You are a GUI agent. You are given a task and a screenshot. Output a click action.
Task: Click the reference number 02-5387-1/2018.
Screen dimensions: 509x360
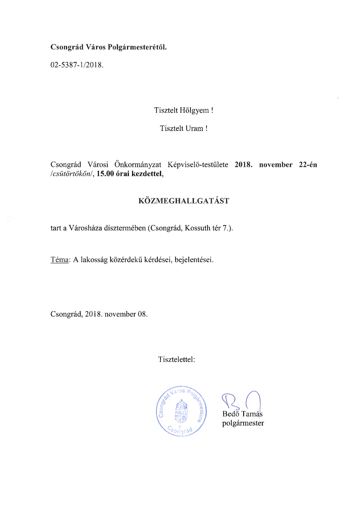(77, 65)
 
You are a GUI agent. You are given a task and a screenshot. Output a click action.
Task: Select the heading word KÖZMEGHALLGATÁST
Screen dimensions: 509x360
(184, 201)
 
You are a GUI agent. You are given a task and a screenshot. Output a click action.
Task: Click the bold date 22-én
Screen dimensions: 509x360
(308, 165)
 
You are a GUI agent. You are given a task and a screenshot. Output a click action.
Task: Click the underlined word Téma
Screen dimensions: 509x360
(60, 259)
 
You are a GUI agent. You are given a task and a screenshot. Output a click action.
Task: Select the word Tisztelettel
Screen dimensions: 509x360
(176, 359)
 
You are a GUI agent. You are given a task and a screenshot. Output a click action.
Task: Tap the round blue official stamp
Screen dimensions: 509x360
(181, 411)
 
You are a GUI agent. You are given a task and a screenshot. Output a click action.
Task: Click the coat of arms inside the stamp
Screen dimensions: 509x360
(181, 411)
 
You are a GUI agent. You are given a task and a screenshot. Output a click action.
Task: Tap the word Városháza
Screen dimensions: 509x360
(85, 228)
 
